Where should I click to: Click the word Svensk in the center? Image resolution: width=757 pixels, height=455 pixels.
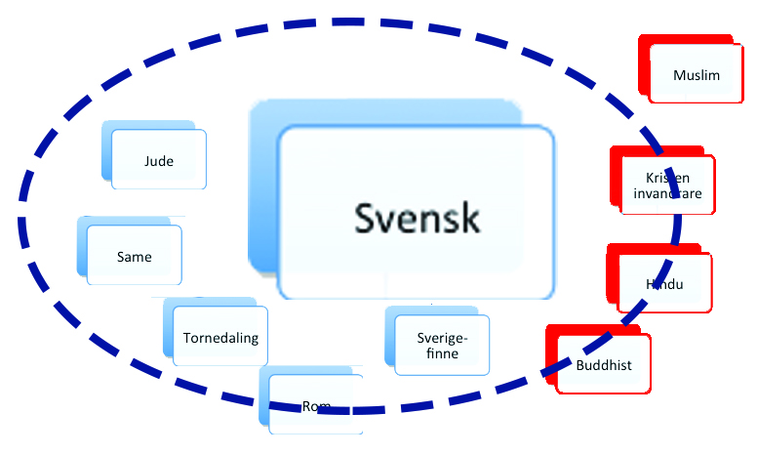coord(417,217)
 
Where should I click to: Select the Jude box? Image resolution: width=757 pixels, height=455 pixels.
coord(158,161)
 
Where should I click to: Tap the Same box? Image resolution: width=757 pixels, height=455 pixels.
coord(134,256)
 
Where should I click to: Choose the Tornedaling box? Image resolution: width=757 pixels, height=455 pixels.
coord(219,339)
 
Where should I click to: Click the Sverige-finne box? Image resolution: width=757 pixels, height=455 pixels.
coord(443,345)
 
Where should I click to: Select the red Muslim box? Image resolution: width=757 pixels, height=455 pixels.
coord(697,75)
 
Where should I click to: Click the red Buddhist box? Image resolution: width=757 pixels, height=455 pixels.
coord(604,365)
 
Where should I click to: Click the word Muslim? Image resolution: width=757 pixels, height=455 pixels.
coord(697,75)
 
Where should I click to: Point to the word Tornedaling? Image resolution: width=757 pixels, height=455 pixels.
coord(219,339)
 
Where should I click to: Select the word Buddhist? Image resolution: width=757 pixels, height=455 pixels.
coord(604,365)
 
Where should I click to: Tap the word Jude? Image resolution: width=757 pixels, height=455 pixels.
coord(158,161)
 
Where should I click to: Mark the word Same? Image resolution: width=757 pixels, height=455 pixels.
coord(134,256)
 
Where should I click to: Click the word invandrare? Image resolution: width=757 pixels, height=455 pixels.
coord(667,194)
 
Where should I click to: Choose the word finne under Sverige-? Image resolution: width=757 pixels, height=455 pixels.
coord(443,353)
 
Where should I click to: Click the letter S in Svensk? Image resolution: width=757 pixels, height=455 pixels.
coord(364,217)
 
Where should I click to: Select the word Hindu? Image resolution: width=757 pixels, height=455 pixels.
coord(663,284)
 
